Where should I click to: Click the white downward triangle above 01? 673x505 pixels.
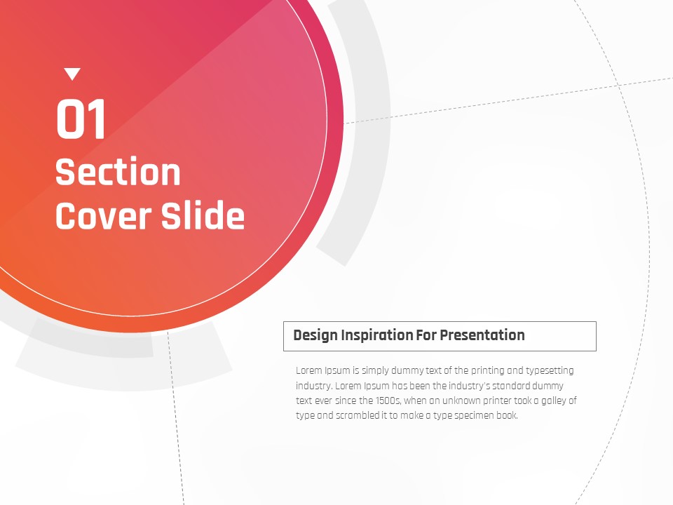(72, 74)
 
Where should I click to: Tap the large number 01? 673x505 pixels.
(81, 119)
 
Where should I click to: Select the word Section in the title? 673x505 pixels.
(118, 172)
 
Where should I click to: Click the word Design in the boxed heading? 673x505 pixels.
(315, 335)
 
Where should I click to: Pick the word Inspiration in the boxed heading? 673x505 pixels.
(376, 335)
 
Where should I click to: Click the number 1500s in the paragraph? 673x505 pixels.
(388, 401)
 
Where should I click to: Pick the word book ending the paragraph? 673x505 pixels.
(508, 416)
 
